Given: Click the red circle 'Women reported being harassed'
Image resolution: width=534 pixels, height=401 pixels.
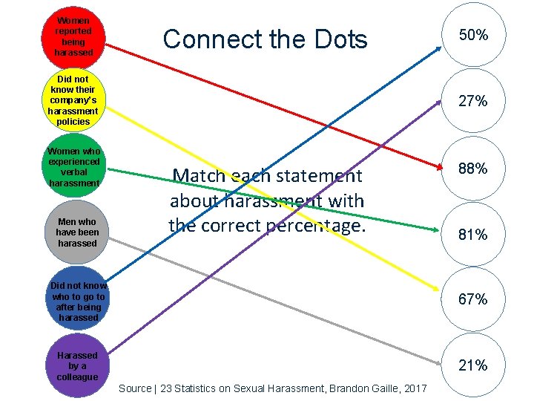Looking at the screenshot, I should (73, 36).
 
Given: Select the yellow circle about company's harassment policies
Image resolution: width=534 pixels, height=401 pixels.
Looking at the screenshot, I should (73, 100).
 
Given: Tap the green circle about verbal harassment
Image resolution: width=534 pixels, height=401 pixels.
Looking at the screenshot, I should (73, 166).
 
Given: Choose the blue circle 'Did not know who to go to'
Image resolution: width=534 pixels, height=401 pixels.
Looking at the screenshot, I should (77, 301).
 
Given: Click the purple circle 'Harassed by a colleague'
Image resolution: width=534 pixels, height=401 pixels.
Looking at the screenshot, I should (77, 366).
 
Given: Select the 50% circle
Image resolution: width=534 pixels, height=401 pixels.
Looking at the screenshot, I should (472, 35).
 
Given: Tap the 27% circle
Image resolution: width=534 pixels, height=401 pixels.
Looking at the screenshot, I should (472, 101).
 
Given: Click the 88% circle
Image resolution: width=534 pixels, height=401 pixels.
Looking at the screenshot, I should (472, 169).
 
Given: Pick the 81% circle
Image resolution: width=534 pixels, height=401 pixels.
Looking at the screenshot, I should (472, 235).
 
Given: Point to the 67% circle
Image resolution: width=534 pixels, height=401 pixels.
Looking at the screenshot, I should (472, 299).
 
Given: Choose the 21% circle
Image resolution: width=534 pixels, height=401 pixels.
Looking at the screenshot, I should (472, 365).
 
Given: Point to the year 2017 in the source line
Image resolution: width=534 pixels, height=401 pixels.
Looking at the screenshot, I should (415, 389).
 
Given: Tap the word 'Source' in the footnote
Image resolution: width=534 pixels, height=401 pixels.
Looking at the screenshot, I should (134, 389).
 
